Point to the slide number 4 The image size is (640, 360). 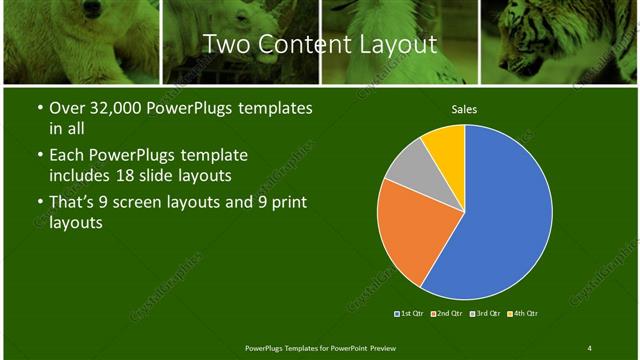pyautogui.click(x=589, y=347)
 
